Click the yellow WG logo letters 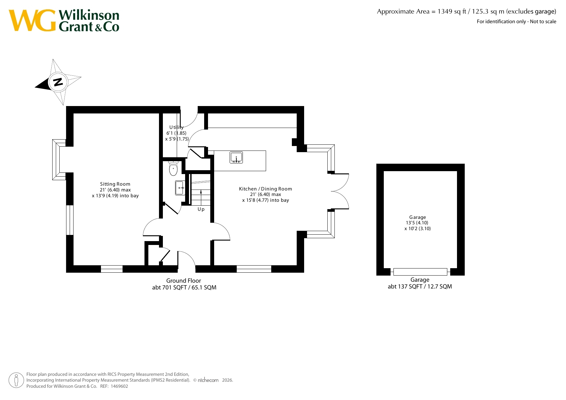coord(32,21)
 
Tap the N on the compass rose coord(58,82)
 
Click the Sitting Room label coord(115,184)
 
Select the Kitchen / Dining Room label coord(265,189)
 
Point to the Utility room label coord(176,127)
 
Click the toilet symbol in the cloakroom coord(173,168)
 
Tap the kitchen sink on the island coord(236,158)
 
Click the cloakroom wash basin coord(180,188)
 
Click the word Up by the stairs coord(201,209)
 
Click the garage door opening coord(420,272)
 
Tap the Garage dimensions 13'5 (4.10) coord(417,223)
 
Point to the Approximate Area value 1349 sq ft coord(452,12)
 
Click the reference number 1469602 coord(119,386)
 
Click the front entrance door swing coord(186,259)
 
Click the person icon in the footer coord(16,380)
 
